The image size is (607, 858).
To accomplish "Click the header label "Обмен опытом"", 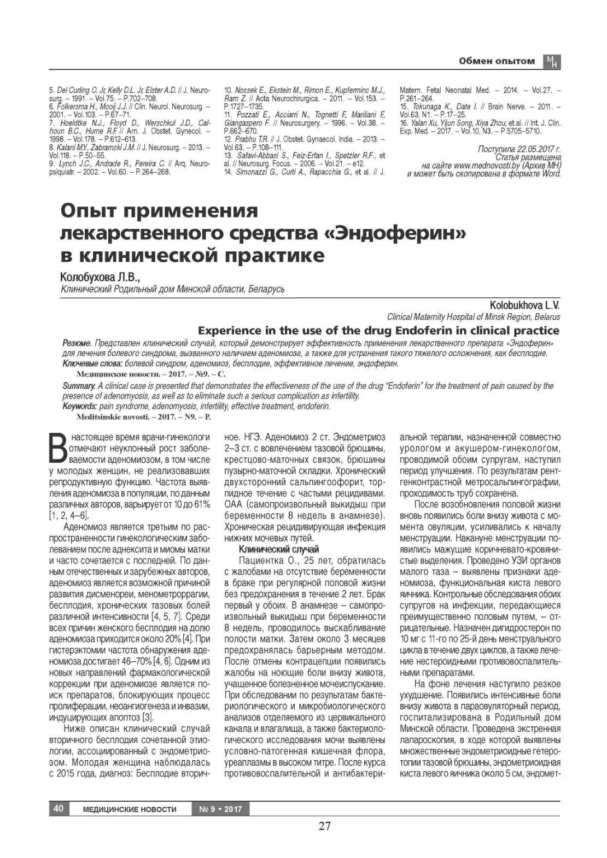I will [497, 61].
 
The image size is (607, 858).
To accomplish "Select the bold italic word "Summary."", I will [80, 386].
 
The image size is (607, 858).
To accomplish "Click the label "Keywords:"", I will [80, 406].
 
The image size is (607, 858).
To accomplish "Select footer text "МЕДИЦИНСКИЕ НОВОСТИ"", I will [130, 809].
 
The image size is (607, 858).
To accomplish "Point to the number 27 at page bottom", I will [325, 826].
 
